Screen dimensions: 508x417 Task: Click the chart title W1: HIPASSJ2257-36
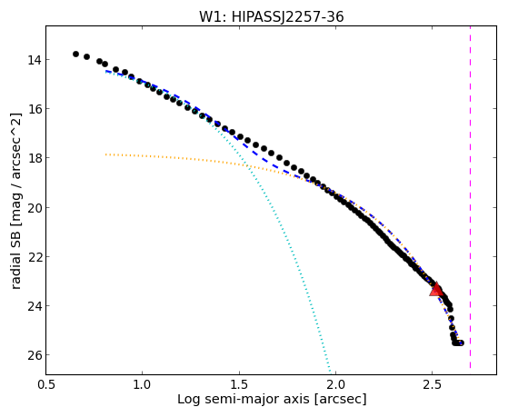point(271,16)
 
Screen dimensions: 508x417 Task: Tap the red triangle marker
point(436,289)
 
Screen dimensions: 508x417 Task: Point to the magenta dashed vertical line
point(470,197)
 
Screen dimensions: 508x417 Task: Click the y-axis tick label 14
point(35,60)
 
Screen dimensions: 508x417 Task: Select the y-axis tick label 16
point(35,109)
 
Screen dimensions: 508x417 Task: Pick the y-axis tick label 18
point(35,158)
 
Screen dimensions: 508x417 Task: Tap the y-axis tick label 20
point(35,208)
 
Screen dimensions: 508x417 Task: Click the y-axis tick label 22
point(35,257)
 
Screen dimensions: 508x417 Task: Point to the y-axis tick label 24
point(35,306)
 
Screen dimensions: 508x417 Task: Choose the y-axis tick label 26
point(35,355)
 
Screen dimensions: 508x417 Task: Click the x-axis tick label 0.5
point(46,384)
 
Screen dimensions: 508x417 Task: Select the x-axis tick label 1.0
point(143,384)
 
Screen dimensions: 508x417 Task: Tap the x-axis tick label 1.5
point(239,384)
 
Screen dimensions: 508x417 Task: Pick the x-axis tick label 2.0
point(335,384)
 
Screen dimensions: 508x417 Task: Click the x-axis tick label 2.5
point(433,384)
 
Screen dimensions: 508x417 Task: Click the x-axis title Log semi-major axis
point(244,400)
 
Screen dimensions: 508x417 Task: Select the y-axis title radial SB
point(16,256)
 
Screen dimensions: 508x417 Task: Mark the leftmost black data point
point(75,54)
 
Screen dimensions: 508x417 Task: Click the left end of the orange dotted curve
point(105,154)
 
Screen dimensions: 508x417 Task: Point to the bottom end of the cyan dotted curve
point(330,372)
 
